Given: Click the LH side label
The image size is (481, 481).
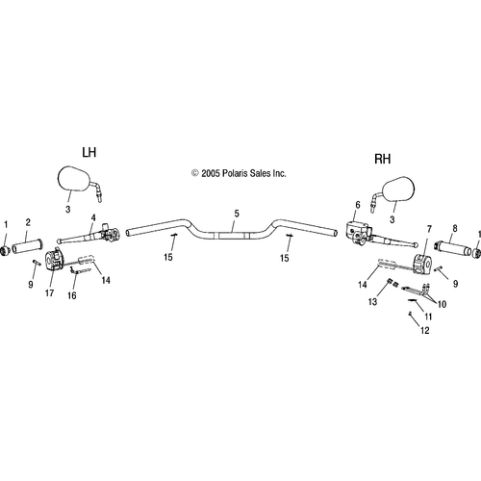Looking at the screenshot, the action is pos(89,152).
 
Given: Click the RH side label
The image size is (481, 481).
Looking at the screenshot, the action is pos(383,159).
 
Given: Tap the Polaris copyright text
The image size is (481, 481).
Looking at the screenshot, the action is pos(239,173).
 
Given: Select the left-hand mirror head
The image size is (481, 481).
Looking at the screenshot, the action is pos(74,179).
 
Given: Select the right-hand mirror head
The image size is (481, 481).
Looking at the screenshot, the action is pos(398,190).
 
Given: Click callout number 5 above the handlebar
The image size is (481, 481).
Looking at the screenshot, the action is pos(237,214).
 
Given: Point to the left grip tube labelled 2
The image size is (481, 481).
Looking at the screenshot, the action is pos(28,247).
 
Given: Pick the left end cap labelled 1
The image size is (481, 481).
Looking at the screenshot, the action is pos(5,251).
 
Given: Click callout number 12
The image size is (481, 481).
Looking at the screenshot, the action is pos(425,330).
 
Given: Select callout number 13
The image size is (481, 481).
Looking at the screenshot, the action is pos(372,302).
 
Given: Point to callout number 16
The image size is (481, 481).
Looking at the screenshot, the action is pos(72,295).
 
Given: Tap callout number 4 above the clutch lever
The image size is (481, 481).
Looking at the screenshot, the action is pos(93,217).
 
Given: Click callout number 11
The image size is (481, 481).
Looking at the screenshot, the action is pos(428,316).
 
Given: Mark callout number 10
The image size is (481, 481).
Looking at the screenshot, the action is pos(442,304).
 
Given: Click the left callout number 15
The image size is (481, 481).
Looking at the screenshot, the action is pos(168,257).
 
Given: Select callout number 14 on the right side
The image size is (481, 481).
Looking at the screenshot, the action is pos(363,285).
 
